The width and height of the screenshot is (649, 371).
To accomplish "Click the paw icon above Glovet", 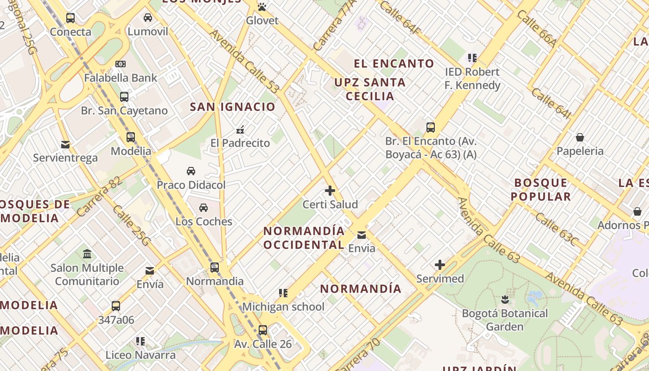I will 262,7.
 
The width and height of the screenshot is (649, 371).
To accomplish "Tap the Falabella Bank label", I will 121,78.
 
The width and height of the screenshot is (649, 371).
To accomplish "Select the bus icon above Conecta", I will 70,18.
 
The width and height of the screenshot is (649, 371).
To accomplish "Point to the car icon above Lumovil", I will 148,18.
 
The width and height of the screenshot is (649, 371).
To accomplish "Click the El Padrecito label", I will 240,143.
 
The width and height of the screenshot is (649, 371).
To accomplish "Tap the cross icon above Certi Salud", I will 330,191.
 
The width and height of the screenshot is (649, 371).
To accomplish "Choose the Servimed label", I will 440,279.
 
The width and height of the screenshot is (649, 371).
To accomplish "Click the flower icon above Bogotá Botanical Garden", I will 505,300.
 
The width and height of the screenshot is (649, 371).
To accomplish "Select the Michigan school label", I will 283,307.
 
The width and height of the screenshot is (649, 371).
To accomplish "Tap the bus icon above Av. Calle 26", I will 263,330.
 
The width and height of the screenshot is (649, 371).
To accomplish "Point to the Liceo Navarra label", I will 140,355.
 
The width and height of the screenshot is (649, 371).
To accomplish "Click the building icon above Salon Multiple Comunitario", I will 87,254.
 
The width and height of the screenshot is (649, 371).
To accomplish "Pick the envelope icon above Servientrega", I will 65,144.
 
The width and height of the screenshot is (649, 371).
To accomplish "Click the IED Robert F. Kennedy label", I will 472,79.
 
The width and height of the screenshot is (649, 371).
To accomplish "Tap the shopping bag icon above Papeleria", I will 580,137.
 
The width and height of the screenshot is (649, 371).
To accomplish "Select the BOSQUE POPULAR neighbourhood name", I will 541,190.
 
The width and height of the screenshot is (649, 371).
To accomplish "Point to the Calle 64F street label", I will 400,17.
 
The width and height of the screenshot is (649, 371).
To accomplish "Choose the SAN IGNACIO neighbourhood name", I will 233,107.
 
